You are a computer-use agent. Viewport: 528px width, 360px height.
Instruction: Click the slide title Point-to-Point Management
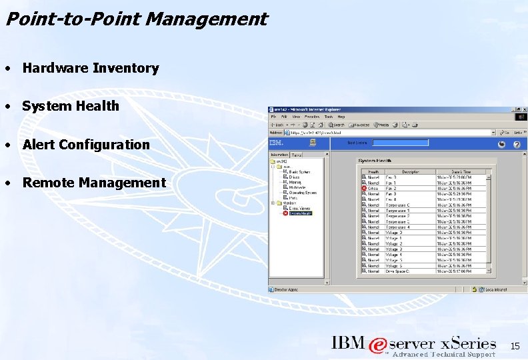pyautogui.click(x=136, y=19)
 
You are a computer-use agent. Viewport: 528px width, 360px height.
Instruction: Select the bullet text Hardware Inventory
pyautogui.click(x=91, y=68)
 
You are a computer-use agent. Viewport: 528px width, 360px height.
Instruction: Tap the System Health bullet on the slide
pyautogui.click(x=71, y=106)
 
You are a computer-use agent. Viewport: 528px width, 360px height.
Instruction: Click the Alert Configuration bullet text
pyautogui.click(x=86, y=145)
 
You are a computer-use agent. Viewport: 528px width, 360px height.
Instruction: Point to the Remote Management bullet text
pyautogui.click(x=94, y=183)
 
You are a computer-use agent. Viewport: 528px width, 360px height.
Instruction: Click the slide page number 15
pyautogui.click(x=514, y=346)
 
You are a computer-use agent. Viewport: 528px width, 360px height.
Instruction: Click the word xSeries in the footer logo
pyautogui.click(x=469, y=343)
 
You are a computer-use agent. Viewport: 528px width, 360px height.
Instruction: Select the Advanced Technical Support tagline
pyautogui.click(x=444, y=355)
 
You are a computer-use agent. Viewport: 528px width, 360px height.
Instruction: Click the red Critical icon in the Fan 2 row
pyautogui.click(x=363, y=188)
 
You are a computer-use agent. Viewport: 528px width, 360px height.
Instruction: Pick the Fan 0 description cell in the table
pyautogui.click(x=391, y=177)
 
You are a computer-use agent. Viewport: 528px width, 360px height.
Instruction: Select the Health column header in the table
pyautogui.click(x=373, y=171)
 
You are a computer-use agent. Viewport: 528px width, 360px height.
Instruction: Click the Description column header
pyautogui.click(x=410, y=171)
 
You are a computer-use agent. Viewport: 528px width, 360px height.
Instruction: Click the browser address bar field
pyautogui.click(x=393, y=133)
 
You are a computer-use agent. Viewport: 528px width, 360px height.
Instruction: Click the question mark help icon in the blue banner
pyautogui.click(x=517, y=145)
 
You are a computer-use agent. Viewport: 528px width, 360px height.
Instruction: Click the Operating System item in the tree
pyautogui.click(x=303, y=193)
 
